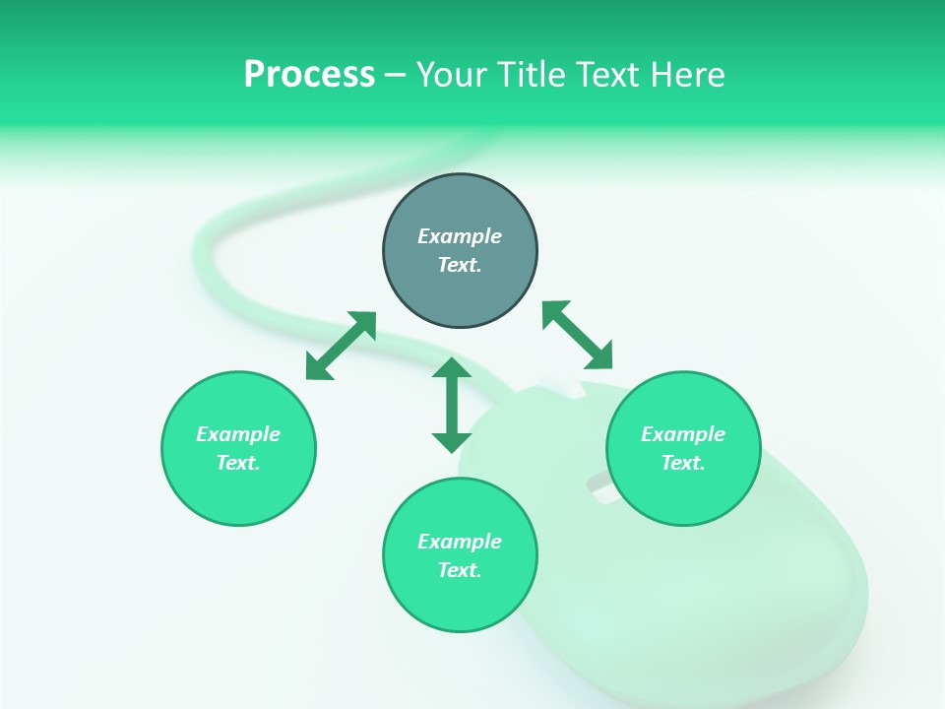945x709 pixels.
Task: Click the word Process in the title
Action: (x=309, y=75)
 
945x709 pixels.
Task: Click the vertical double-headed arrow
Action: (x=452, y=405)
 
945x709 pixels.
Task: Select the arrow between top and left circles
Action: (x=341, y=346)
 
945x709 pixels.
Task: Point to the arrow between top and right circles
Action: (x=577, y=335)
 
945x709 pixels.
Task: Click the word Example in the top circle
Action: (x=460, y=236)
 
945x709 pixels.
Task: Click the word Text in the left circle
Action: (x=237, y=463)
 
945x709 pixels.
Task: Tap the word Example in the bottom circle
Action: (x=460, y=542)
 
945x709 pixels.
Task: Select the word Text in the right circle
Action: (x=682, y=463)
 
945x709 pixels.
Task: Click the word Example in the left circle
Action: (x=238, y=434)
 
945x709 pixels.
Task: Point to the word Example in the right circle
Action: (x=683, y=434)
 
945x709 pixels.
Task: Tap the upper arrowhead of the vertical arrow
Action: (x=452, y=368)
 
